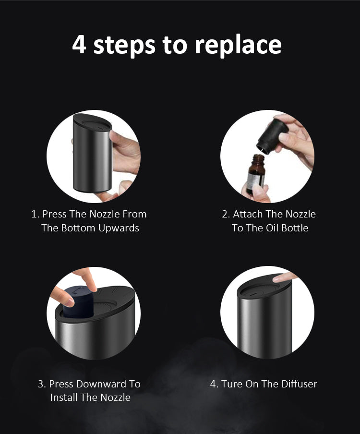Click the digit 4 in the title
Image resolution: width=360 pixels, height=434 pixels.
click(x=79, y=44)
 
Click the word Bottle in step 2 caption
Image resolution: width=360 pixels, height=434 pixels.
click(x=294, y=228)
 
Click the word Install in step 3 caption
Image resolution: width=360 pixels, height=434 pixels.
click(x=64, y=398)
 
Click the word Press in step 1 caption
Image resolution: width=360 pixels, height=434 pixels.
click(x=54, y=214)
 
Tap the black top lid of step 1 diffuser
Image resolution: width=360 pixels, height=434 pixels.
click(x=93, y=122)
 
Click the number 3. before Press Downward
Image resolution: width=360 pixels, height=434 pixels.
click(x=42, y=384)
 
